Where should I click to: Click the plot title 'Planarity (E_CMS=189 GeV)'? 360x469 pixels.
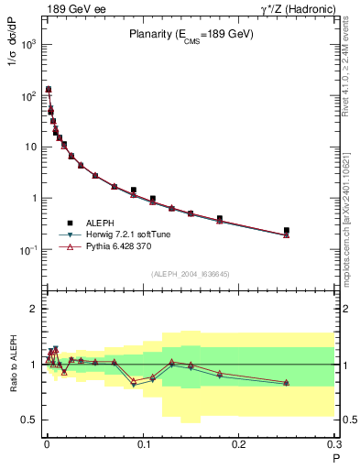(x=191, y=35)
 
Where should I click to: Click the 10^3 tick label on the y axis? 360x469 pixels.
(x=27, y=44)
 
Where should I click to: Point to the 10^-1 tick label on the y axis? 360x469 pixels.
(x=27, y=249)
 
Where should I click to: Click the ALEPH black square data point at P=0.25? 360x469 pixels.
(x=287, y=231)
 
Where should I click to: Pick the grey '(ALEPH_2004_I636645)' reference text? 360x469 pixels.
(x=191, y=273)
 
